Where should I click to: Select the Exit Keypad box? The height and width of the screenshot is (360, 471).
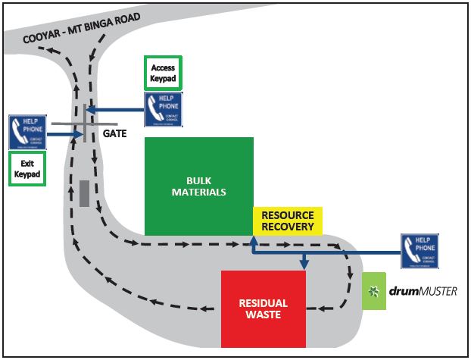click(27, 168)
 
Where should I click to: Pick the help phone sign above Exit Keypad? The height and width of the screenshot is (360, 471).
click(27, 132)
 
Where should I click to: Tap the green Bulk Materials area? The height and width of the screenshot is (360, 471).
click(198, 186)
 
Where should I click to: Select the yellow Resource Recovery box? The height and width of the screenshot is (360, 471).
click(288, 221)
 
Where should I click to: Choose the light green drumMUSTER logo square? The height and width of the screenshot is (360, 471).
click(374, 290)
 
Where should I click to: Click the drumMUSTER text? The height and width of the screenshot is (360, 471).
click(423, 291)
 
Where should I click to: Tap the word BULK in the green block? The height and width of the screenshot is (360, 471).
click(198, 180)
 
